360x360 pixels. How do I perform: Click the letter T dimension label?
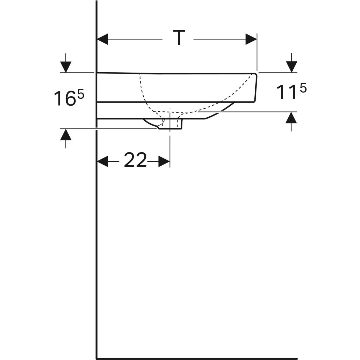[179, 37]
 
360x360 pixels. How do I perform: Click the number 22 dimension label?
[135, 160]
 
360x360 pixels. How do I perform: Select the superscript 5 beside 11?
[303, 88]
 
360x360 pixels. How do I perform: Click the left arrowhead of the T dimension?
[103, 39]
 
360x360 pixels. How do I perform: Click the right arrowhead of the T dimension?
[251, 39]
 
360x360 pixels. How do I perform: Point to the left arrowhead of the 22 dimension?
[103, 161]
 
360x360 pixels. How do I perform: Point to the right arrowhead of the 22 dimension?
[164, 161]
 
